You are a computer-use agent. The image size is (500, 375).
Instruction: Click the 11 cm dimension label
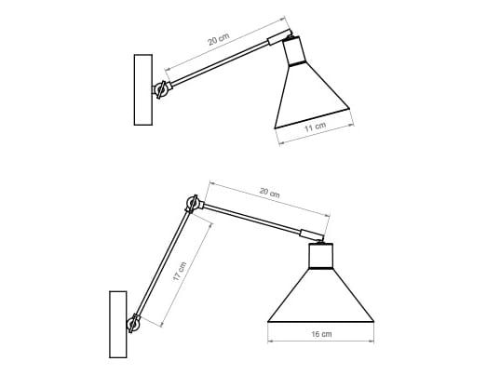314,126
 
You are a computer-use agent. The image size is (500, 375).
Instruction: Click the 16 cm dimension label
319,334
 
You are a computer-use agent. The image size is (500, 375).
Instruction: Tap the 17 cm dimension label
181,271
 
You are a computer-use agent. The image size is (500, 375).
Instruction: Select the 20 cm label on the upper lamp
218,41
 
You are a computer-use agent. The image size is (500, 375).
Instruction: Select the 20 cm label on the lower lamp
268,194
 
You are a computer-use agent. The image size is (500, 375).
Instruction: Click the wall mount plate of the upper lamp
142,89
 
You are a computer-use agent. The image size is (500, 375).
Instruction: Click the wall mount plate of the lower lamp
117,324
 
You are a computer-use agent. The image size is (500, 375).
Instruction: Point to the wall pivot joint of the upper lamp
162,89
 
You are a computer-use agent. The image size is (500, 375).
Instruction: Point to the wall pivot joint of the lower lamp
135,322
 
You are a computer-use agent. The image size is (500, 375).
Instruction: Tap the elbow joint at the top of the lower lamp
193,205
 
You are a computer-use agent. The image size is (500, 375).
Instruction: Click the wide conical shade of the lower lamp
320,298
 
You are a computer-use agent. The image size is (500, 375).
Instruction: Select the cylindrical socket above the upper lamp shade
294,51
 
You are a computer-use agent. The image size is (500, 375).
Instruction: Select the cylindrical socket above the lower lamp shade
320,255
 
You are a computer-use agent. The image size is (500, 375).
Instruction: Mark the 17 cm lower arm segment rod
164,263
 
